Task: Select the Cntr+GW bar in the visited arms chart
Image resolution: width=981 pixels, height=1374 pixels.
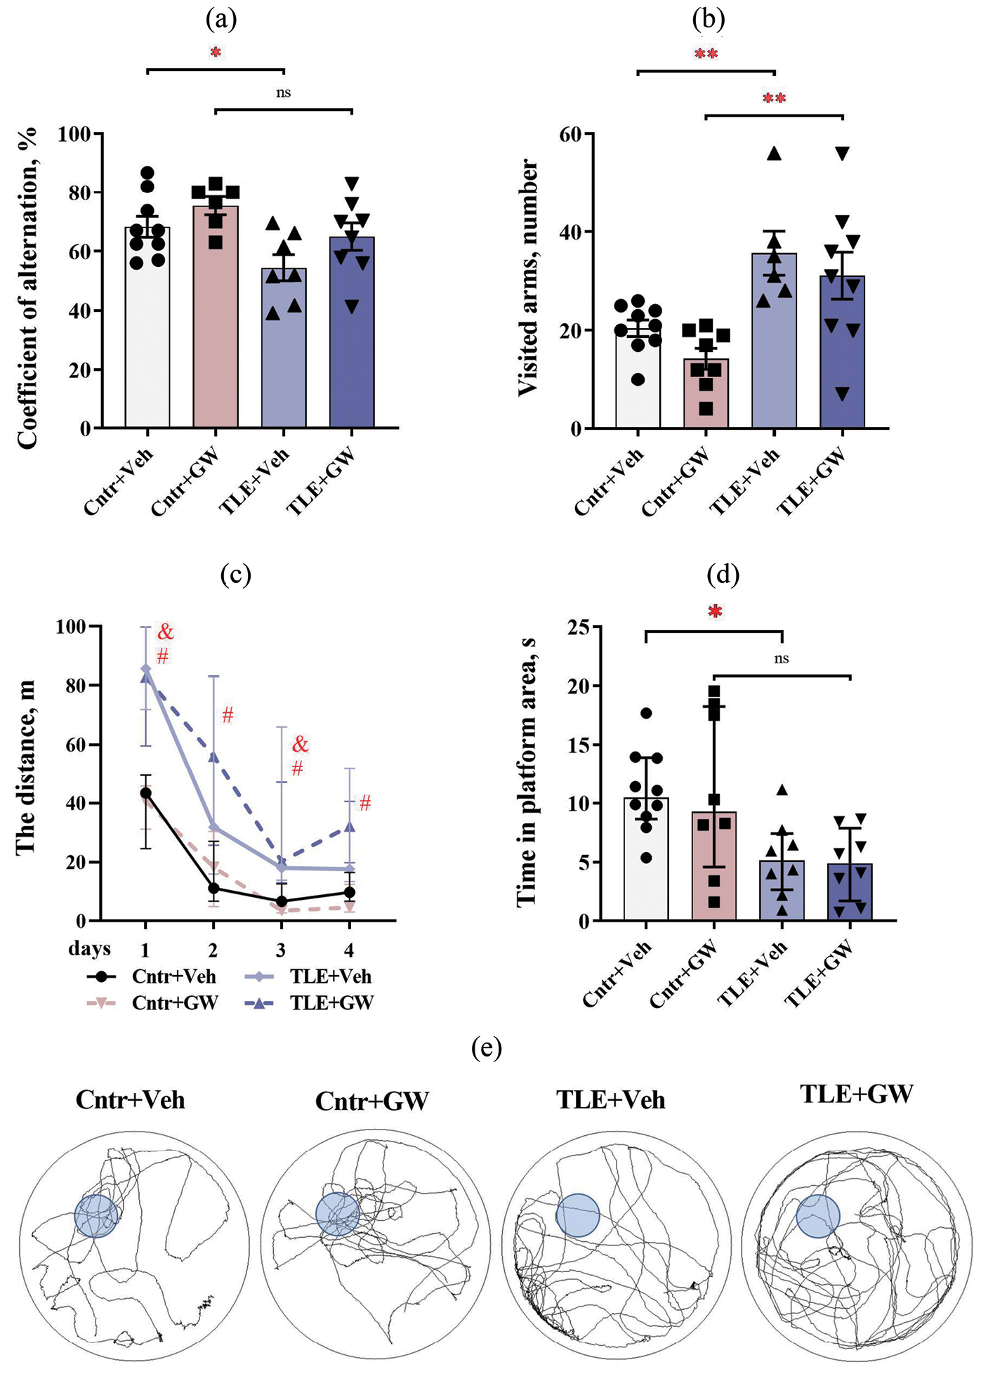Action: [x=706, y=393]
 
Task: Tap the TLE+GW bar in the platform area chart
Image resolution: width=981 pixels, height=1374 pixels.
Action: [x=850, y=892]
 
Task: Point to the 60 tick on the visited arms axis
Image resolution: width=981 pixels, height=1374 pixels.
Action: [x=570, y=133]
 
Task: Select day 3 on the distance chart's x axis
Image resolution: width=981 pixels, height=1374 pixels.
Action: [x=282, y=950]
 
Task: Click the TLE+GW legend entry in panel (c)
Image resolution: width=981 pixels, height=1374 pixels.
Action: [x=331, y=1003]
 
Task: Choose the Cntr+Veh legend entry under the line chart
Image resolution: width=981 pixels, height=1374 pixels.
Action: [x=173, y=976]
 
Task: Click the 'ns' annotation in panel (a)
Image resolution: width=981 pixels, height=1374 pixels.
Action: [x=283, y=93]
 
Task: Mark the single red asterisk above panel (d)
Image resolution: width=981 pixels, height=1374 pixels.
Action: [x=715, y=612]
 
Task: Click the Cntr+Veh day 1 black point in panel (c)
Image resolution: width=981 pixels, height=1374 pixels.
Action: [x=146, y=793]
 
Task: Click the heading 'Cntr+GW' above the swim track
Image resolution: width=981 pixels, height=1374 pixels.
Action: [x=372, y=1101]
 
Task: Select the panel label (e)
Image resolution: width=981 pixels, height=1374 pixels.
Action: [x=487, y=1049]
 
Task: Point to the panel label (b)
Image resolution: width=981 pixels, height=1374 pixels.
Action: [x=708, y=20]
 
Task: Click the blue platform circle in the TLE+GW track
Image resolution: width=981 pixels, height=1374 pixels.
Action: [x=818, y=1216]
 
